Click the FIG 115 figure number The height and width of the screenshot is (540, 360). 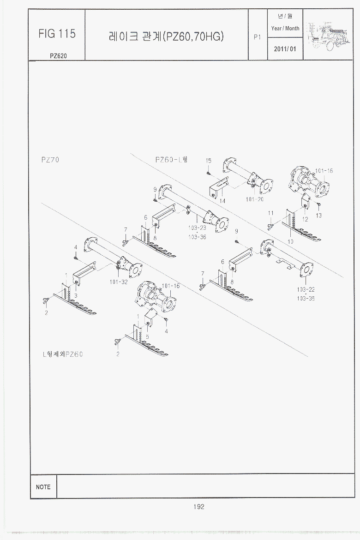click(57, 34)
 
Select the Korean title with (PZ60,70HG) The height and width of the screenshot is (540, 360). click(166, 36)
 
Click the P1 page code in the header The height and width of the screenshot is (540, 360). click(258, 37)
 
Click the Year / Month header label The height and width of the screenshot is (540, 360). click(285, 28)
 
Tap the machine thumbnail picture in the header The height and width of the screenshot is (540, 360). click(328, 34)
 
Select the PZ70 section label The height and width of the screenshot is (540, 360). click(50, 160)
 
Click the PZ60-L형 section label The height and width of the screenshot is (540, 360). click(171, 160)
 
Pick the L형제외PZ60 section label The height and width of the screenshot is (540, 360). click(63, 354)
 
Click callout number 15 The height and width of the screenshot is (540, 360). click(209, 161)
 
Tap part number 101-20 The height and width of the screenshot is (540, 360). click(255, 199)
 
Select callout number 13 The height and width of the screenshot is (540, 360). click(319, 215)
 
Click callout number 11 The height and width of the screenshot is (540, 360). click(271, 213)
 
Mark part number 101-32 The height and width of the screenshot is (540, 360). click(119, 282)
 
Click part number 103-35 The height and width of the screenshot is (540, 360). click(306, 298)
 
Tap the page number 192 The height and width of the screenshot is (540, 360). click(198, 507)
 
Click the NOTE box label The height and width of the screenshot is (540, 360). click(43, 487)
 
